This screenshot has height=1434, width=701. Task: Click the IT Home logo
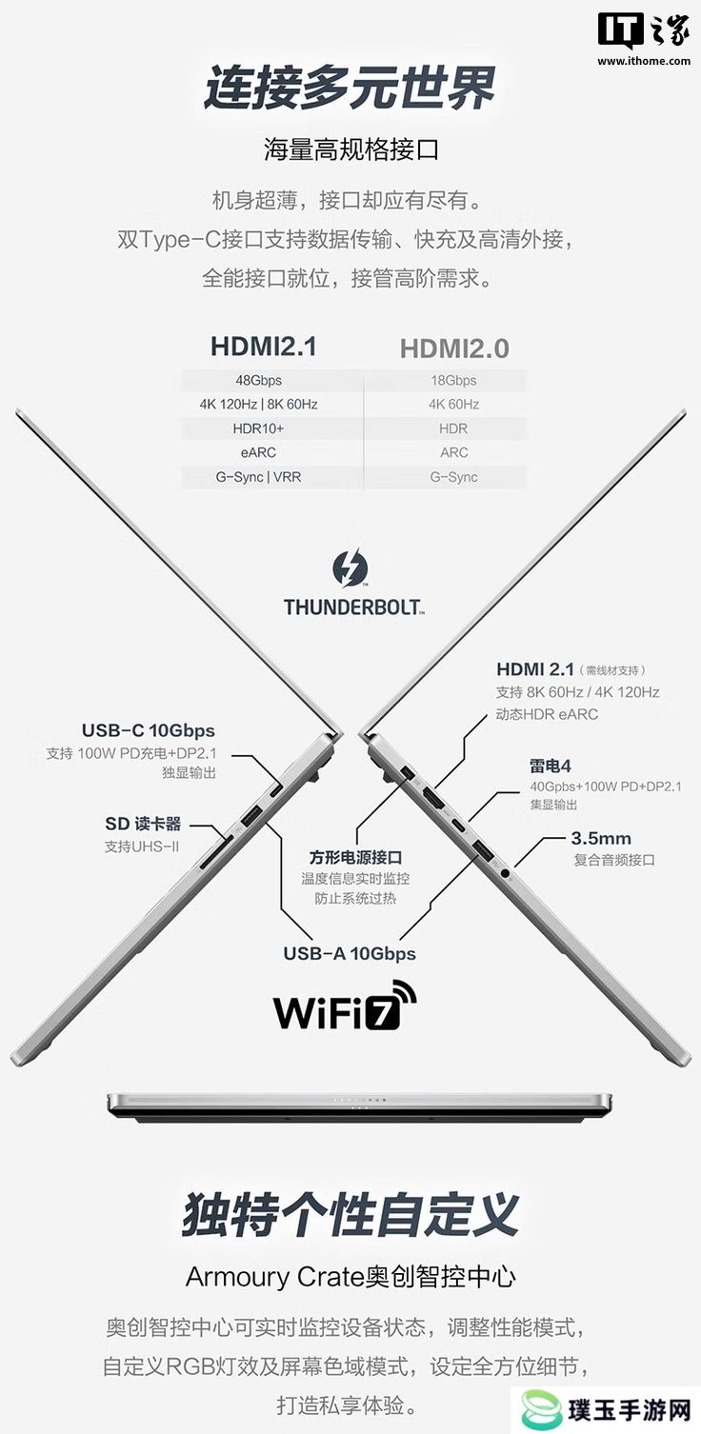pos(644,30)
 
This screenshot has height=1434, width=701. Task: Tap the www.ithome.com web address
pos(644,62)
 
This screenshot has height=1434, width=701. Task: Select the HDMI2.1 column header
pos(264,347)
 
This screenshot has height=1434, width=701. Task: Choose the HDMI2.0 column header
pos(454,349)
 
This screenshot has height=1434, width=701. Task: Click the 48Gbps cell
pos(259,380)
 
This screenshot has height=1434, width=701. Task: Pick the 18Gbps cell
pos(454,380)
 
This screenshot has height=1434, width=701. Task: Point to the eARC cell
pos(259,452)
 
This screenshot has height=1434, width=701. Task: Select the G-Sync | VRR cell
pos(259,477)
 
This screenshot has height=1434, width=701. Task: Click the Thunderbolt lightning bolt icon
pos(350,568)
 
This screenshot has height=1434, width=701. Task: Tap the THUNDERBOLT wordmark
pos(354,607)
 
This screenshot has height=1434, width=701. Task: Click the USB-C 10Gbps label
pos(149,730)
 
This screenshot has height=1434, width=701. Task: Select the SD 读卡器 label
pos(143,824)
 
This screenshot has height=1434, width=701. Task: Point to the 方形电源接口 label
pos(355,857)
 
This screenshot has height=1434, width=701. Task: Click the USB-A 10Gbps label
pos(350,954)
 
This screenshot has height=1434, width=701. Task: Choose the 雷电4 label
pos(550,766)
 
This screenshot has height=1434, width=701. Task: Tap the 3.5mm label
pos(601,838)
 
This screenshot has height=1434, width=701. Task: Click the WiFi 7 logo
pos(345,1006)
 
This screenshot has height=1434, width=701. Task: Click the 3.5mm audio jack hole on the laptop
pos(505,872)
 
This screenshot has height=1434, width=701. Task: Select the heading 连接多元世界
pos(350,88)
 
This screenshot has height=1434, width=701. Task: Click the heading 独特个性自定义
pos(350,1214)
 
